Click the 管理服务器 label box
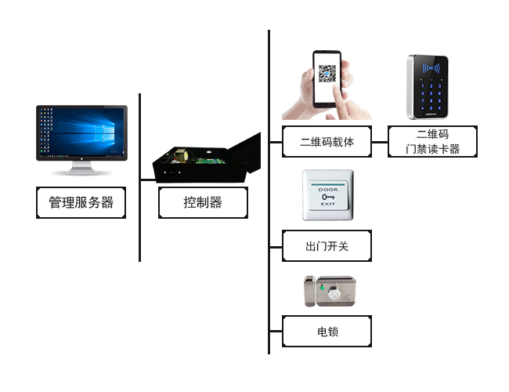(x=81, y=202)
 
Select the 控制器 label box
(x=203, y=202)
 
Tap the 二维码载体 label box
(x=327, y=142)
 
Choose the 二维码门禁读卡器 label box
(x=432, y=142)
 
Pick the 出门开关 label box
(x=327, y=246)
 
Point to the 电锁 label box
(x=327, y=332)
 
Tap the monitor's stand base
(x=81, y=170)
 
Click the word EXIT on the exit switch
(x=327, y=205)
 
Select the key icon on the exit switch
(x=327, y=196)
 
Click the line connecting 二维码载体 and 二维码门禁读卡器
(x=380, y=143)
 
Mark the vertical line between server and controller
(x=140, y=177)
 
